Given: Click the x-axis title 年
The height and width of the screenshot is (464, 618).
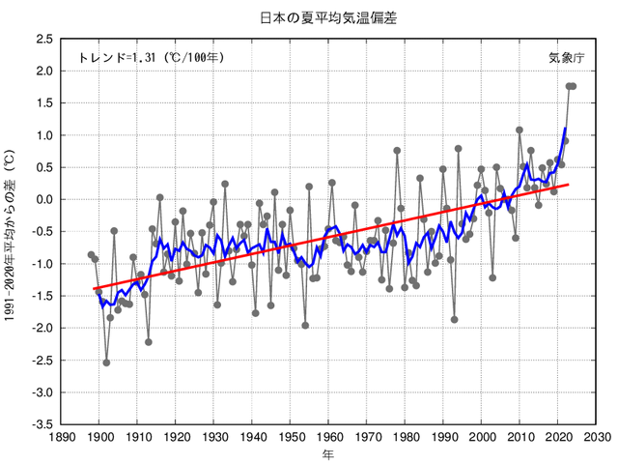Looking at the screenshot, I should coord(329,453).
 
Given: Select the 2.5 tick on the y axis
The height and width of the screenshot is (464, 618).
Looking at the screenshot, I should coord(43,39).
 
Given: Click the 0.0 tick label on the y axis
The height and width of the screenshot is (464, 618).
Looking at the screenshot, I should coord(43,199).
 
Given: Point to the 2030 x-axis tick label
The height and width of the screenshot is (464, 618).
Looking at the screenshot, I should coord(597,437).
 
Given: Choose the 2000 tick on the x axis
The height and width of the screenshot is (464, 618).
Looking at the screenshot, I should coord(482,437).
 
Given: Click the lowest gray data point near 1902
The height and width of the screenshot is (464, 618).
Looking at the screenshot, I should coord(106,362).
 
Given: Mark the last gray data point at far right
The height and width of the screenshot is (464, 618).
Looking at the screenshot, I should coord(573,86).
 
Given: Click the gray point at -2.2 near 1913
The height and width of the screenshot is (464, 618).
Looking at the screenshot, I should coord(149,341).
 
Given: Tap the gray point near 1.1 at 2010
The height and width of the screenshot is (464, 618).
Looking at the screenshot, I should coord(520,130).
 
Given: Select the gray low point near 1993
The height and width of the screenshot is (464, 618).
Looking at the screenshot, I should coord(455,319).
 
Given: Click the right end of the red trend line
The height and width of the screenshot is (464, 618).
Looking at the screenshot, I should coord(569,184).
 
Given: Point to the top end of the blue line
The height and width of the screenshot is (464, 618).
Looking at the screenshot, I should coord(565,129).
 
